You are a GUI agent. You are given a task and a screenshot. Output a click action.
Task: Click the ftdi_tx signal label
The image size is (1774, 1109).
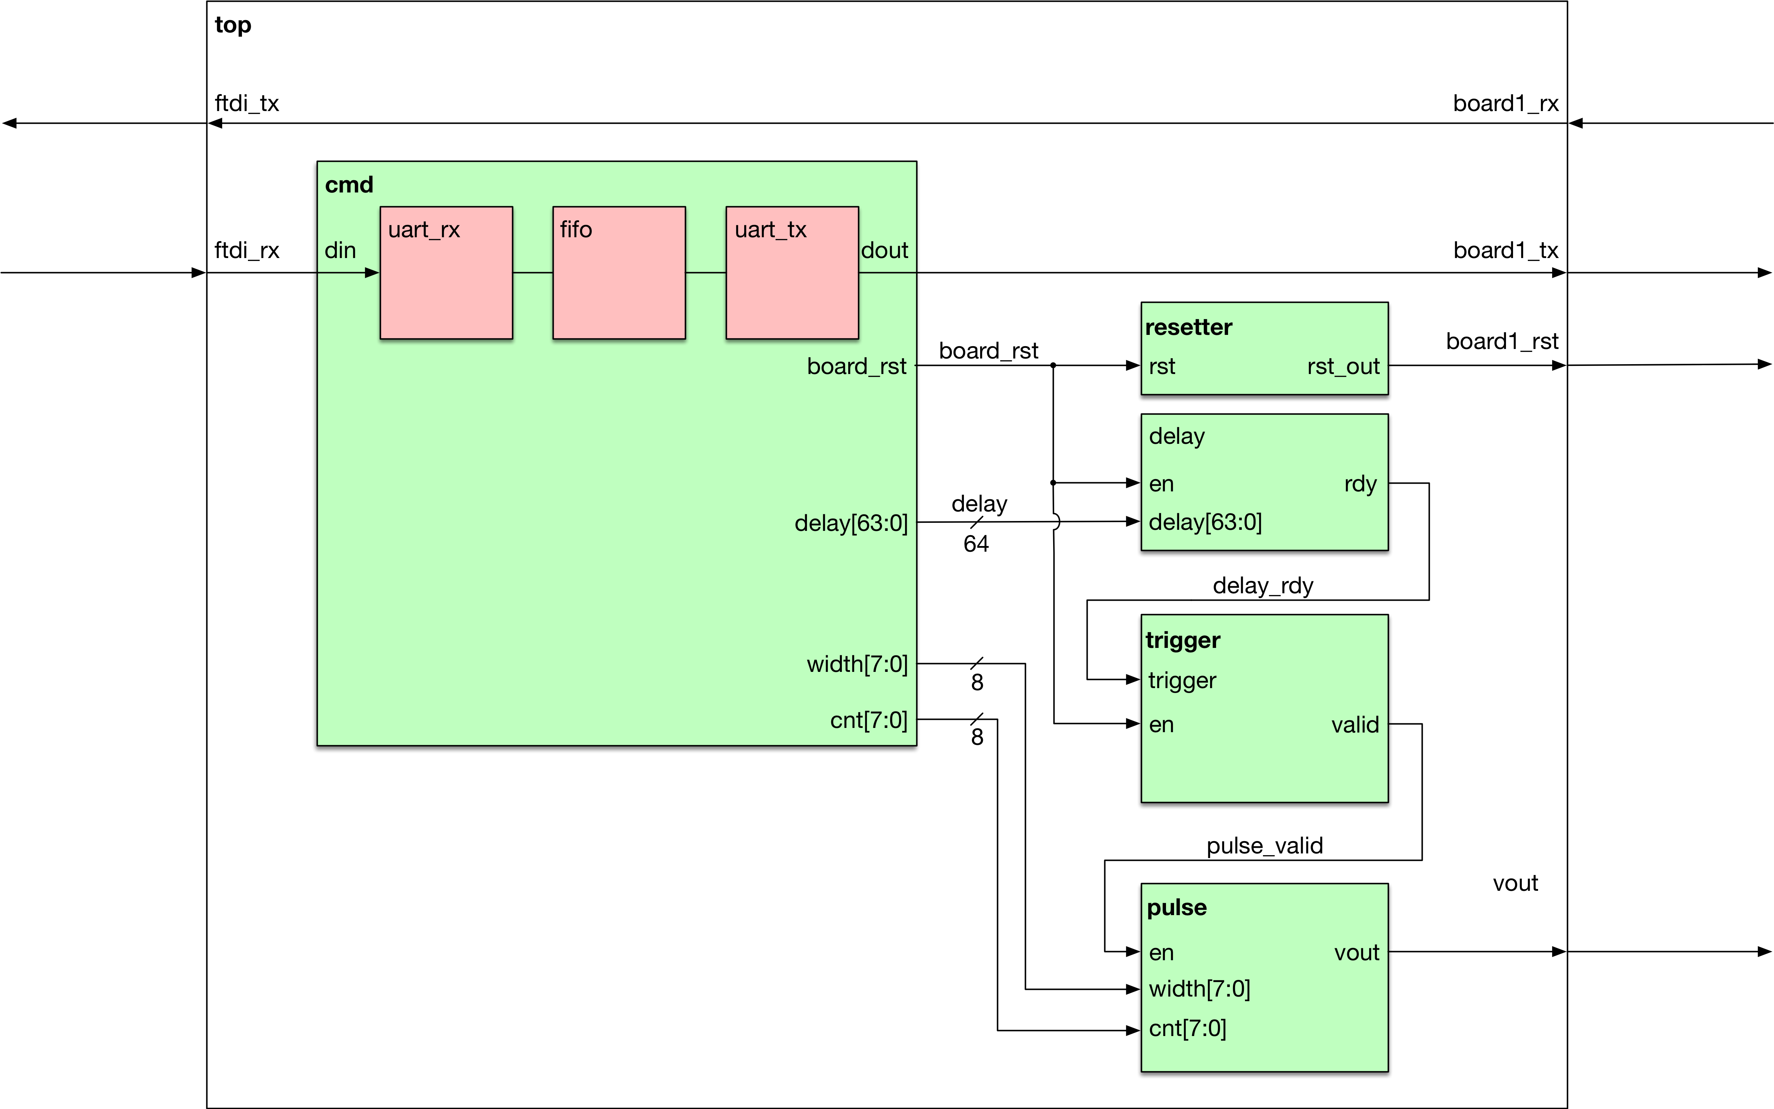(x=247, y=103)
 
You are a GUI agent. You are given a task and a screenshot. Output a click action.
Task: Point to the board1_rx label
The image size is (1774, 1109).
(x=1506, y=103)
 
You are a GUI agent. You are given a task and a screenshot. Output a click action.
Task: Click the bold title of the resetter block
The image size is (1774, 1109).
(x=1189, y=327)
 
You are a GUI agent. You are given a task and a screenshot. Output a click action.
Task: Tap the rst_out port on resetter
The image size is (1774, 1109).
(x=1343, y=366)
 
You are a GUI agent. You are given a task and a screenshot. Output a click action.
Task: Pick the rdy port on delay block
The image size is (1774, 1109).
(x=1360, y=484)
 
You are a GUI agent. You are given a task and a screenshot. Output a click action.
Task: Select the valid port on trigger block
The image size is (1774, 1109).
(x=1355, y=725)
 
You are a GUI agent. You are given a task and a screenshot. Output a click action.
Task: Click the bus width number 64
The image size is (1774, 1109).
(x=976, y=544)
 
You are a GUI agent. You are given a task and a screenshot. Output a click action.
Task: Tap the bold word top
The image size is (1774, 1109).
(x=232, y=25)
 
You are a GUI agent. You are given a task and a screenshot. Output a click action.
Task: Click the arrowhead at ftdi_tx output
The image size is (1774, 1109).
(x=216, y=123)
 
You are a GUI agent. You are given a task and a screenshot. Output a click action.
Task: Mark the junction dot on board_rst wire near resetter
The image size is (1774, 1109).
(x=1053, y=365)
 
